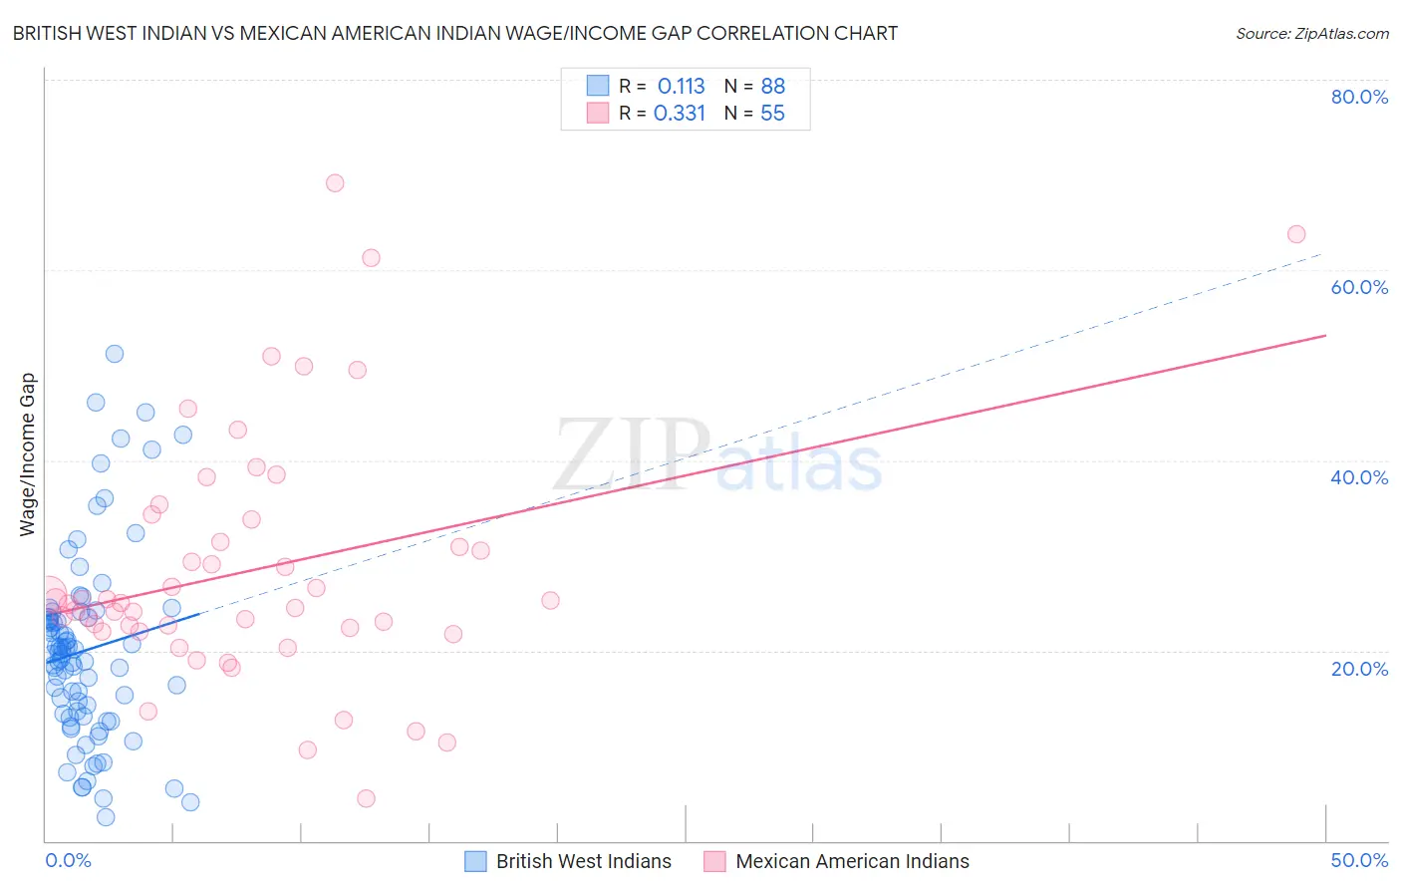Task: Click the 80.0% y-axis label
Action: pyautogui.click(x=1359, y=97)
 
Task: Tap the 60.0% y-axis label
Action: pyautogui.click(x=1359, y=287)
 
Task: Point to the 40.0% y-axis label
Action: pyautogui.click(x=1359, y=477)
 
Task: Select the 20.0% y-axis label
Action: pyautogui.click(x=1359, y=669)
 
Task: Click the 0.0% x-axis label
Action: pyautogui.click(x=68, y=860)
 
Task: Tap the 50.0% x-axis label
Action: pyautogui.click(x=1359, y=860)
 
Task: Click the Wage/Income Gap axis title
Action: pyautogui.click(x=28, y=454)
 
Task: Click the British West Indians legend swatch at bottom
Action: pyautogui.click(x=476, y=861)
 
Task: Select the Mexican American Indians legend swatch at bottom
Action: pyautogui.click(x=714, y=861)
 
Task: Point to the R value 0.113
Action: pyautogui.click(x=681, y=87)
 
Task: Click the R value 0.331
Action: pyautogui.click(x=680, y=114)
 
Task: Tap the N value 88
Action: pyautogui.click(x=773, y=87)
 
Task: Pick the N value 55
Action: pyautogui.click(x=773, y=114)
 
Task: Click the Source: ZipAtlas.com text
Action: pyautogui.click(x=1311, y=34)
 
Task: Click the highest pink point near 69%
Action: pyautogui.click(x=335, y=183)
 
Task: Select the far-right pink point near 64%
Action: pyautogui.click(x=1296, y=234)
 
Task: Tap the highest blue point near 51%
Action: pyautogui.click(x=115, y=354)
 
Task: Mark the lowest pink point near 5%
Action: pyautogui.click(x=366, y=798)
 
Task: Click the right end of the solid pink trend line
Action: pyautogui.click(x=1325, y=336)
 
